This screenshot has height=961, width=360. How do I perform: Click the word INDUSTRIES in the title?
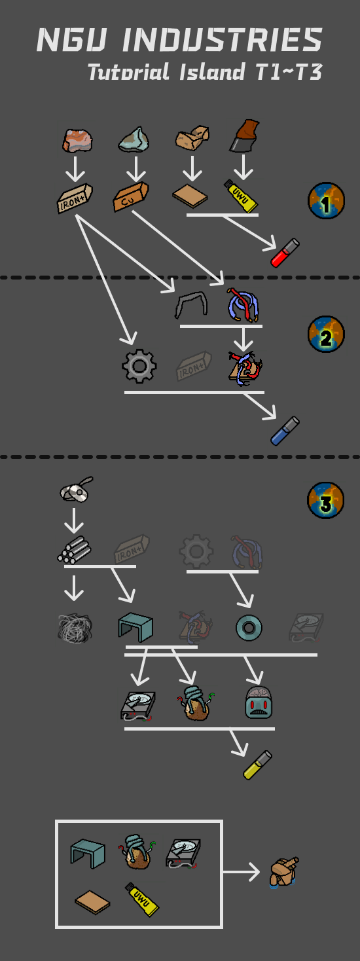click(222, 40)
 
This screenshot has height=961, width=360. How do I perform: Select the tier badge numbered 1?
click(326, 200)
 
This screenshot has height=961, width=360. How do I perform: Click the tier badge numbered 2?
click(326, 335)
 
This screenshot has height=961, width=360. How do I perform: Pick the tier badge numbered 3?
click(326, 500)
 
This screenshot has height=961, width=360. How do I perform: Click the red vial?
click(285, 253)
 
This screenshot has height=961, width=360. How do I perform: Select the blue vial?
click(285, 430)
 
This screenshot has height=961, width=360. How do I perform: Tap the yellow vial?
click(257, 765)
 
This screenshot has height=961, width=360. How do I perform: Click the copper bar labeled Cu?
click(131, 196)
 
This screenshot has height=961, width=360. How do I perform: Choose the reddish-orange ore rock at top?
click(77, 140)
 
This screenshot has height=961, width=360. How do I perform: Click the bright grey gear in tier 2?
click(139, 366)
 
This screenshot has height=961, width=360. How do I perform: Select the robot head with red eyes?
click(259, 702)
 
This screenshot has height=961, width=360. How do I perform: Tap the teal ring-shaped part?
click(249, 628)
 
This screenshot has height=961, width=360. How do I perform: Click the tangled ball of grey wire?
click(75, 628)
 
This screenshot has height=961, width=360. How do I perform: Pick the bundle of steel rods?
click(74, 550)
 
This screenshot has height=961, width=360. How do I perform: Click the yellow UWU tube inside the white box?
click(142, 899)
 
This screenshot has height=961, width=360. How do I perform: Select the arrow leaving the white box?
click(241, 872)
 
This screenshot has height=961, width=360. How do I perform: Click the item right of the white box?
click(284, 872)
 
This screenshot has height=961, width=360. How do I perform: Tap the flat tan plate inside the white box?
click(92, 902)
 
